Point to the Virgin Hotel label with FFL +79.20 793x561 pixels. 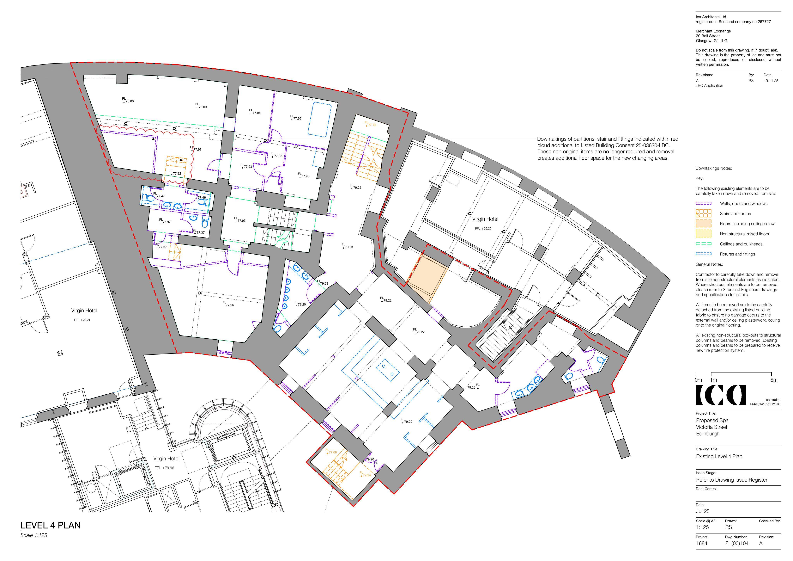[485, 219]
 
